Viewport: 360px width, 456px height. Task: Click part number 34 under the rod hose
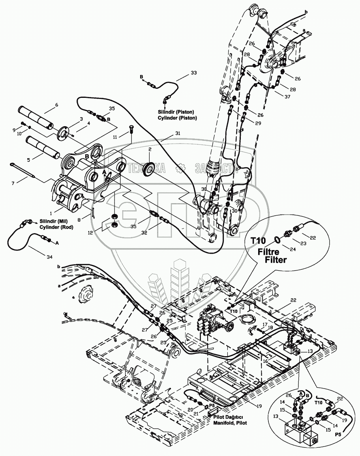(x=49, y=258)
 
